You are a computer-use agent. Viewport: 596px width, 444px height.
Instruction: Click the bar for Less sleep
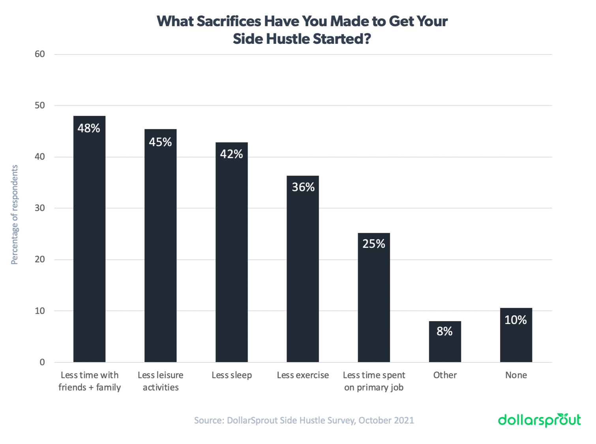point(231,253)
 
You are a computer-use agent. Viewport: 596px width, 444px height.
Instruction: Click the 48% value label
point(89,128)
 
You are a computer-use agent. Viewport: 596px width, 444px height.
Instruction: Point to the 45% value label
point(160,142)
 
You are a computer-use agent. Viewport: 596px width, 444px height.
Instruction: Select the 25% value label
point(373,244)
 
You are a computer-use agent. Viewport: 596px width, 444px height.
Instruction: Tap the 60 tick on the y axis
point(40,54)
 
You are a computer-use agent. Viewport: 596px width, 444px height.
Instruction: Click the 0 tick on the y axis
point(42,362)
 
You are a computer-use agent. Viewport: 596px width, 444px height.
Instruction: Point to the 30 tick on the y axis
point(40,208)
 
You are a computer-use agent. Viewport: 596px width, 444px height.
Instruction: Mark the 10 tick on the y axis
point(40,311)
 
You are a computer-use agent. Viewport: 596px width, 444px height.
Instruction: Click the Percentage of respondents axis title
point(15,214)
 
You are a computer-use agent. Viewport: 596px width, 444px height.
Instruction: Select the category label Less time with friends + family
point(90,381)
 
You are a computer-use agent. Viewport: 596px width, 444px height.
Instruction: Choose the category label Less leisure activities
point(161,381)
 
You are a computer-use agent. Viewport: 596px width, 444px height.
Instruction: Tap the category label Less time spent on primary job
point(374,381)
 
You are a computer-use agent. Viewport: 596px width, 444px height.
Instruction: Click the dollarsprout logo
point(539,420)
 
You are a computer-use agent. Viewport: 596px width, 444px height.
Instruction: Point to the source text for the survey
point(304,420)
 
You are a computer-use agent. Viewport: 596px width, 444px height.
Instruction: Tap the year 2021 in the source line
point(403,420)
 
